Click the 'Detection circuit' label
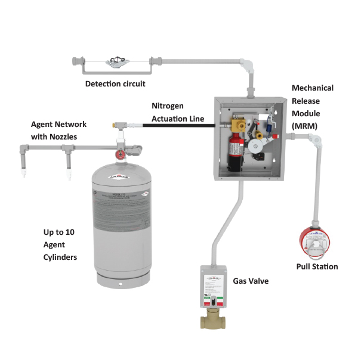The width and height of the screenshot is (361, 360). pos(115,83)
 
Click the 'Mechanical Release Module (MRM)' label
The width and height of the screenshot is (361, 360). pos(312,107)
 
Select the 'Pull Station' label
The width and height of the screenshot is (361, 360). pos(317,266)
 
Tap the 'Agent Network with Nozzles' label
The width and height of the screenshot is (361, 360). pos(58,131)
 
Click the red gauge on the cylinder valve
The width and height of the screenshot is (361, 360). pos(121,154)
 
